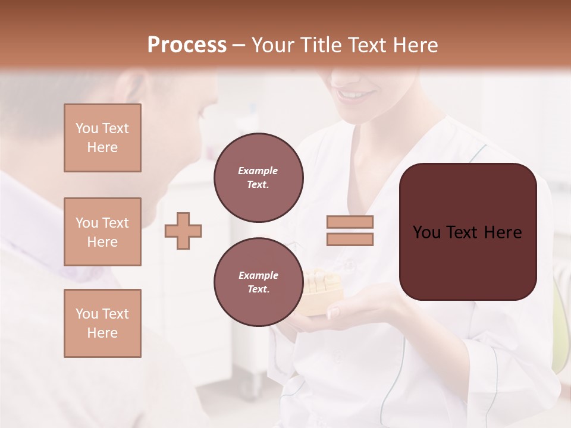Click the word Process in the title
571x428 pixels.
point(187,45)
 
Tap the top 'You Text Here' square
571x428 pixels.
point(102,138)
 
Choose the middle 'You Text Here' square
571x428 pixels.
point(102,232)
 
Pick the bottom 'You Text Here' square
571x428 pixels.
point(102,323)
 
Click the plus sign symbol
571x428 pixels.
point(183,231)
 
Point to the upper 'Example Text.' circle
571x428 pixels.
point(258,178)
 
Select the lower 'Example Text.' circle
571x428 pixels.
point(258,282)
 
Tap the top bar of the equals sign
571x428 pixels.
point(350,222)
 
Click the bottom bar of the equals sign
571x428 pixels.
point(350,239)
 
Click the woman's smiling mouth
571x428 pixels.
point(356,95)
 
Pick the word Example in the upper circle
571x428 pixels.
point(258,171)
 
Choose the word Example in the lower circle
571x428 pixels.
point(258,276)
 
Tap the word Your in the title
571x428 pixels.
point(272,45)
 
